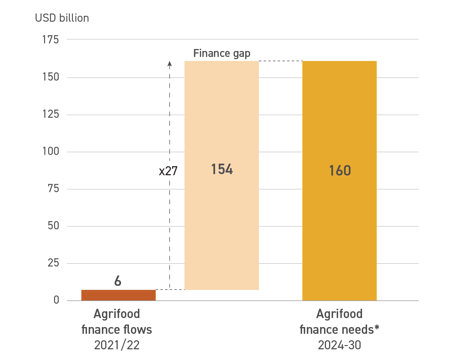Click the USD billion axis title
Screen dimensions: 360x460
pyautogui.click(x=62, y=18)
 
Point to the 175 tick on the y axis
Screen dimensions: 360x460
pyautogui.click(x=51, y=40)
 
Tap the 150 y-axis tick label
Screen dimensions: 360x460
pyautogui.click(x=51, y=77)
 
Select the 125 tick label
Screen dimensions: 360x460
pyautogui.click(x=51, y=114)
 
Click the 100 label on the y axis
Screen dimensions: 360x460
pyautogui.click(x=51, y=151)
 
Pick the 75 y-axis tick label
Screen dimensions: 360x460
pyautogui.click(x=53, y=188)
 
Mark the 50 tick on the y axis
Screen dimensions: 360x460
pyautogui.click(x=53, y=226)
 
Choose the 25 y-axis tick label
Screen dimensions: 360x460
pyautogui.click(x=53, y=263)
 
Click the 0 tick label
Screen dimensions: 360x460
pyautogui.click(x=56, y=300)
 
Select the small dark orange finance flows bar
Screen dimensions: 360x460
pyautogui.click(x=119, y=295)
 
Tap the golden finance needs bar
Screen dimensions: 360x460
pyautogui.click(x=339, y=225)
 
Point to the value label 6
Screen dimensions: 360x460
pyautogui.click(x=118, y=281)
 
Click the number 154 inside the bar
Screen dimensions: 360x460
pyautogui.click(x=222, y=169)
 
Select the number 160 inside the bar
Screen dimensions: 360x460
pyautogui.click(x=340, y=170)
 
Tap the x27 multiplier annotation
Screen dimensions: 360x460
pyautogui.click(x=168, y=171)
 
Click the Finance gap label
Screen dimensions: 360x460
pyautogui.click(x=222, y=53)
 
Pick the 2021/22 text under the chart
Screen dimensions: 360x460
pyautogui.click(x=117, y=345)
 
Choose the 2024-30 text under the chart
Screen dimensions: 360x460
pyautogui.click(x=340, y=345)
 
